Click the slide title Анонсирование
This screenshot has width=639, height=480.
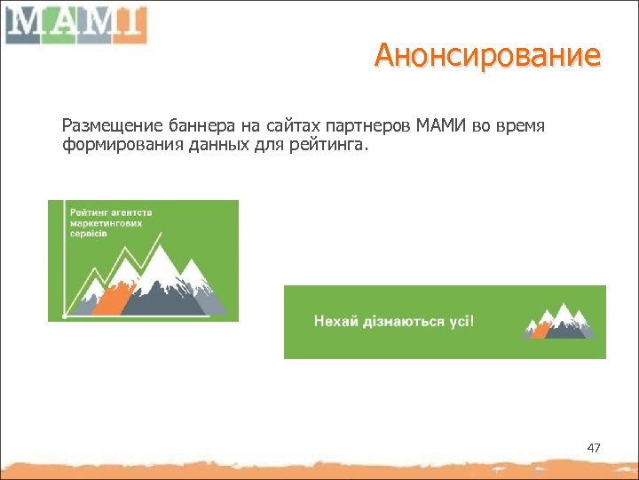(x=487, y=56)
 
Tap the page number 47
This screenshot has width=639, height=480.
(x=594, y=448)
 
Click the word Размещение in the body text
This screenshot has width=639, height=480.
(x=103, y=126)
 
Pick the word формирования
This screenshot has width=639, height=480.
(x=122, y=144)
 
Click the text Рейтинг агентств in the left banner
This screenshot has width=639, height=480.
(x=112, y=212)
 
